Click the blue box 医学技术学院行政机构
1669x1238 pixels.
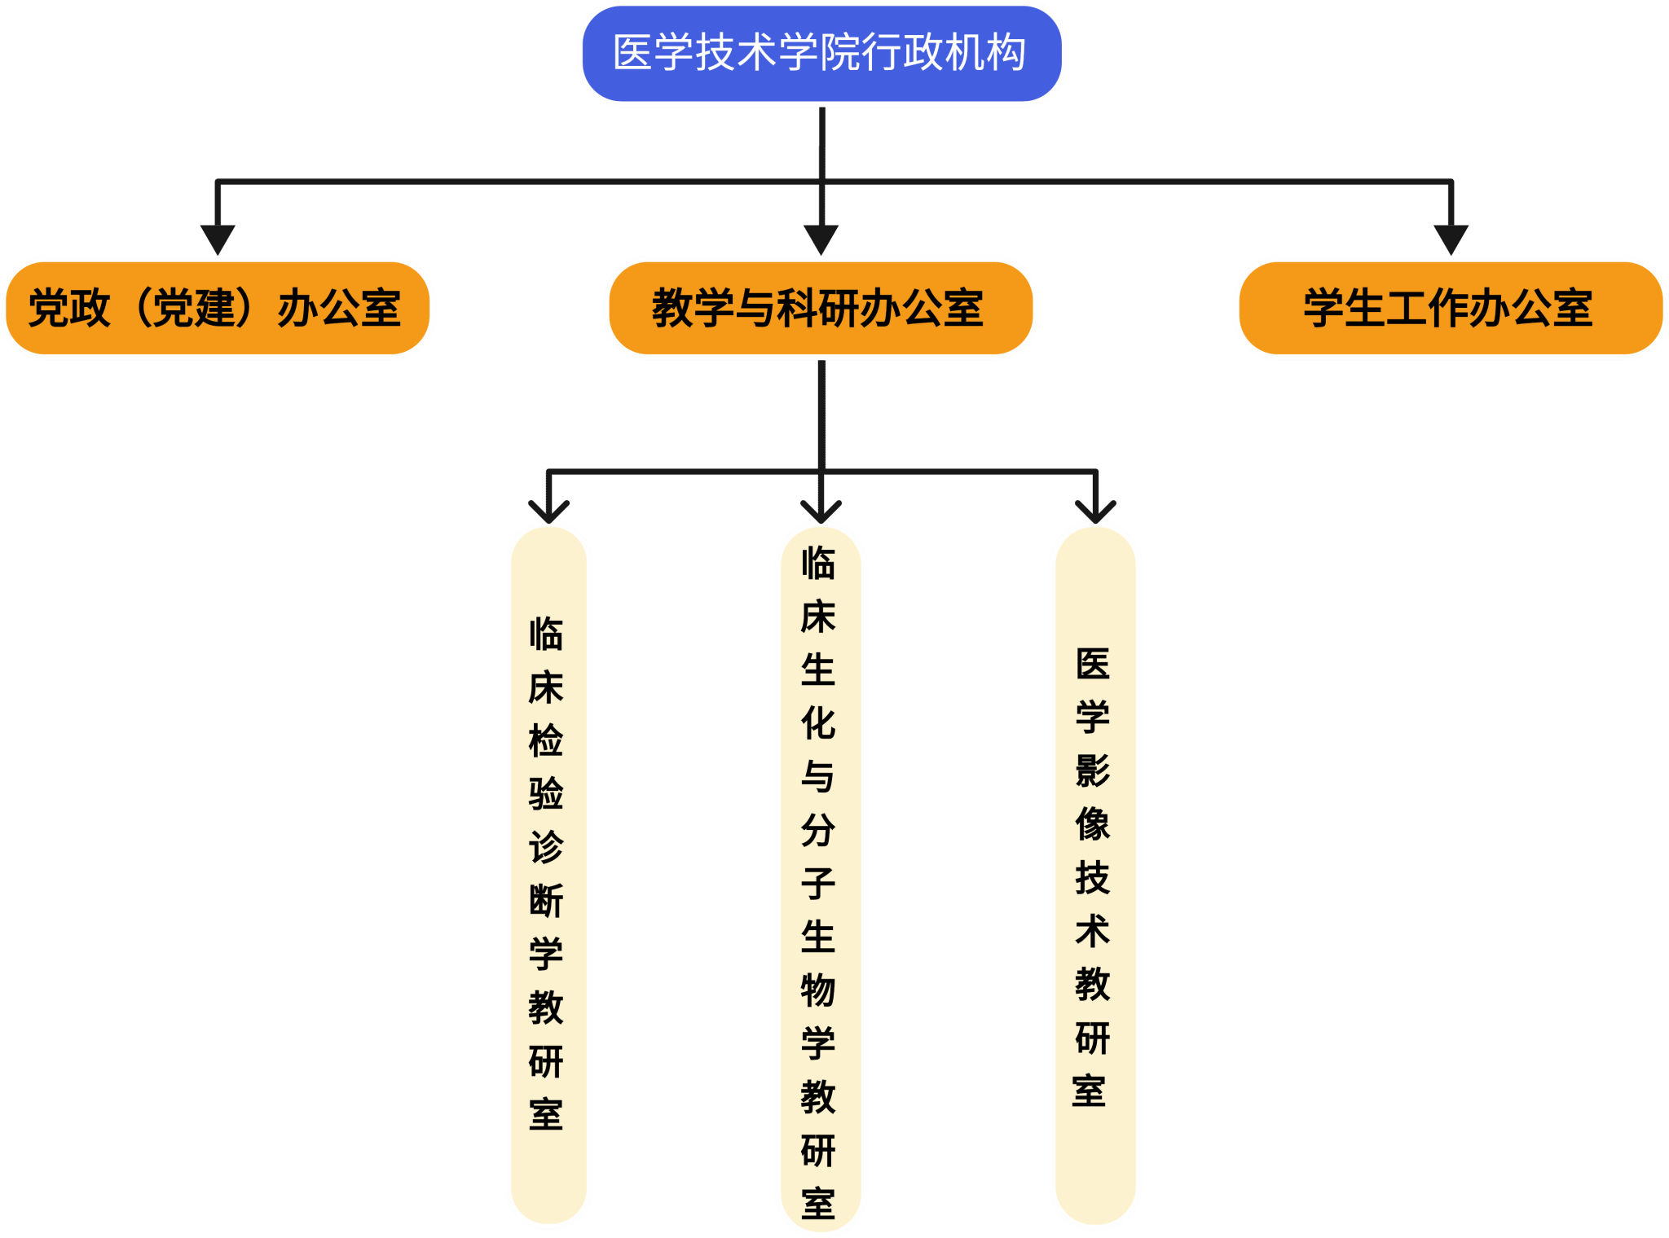point(821,54)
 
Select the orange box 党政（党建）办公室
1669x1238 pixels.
point(218,308)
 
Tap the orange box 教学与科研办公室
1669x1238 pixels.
point(821,308)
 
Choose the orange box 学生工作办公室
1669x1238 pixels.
point(1450,308)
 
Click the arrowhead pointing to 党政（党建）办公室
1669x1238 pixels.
point(218,239)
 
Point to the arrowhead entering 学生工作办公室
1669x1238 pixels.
point(1451,239)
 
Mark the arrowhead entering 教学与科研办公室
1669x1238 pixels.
point(821,239)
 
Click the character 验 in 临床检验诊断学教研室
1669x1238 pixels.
point(546,793)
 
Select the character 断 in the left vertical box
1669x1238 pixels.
point(546,901)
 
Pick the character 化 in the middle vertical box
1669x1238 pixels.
point(818,723)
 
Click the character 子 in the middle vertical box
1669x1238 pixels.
point(818,883)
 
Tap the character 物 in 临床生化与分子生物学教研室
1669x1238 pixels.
point(818,990)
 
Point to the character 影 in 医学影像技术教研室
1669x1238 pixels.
point(1093,770)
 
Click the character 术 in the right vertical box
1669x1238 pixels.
point(1093,931)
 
